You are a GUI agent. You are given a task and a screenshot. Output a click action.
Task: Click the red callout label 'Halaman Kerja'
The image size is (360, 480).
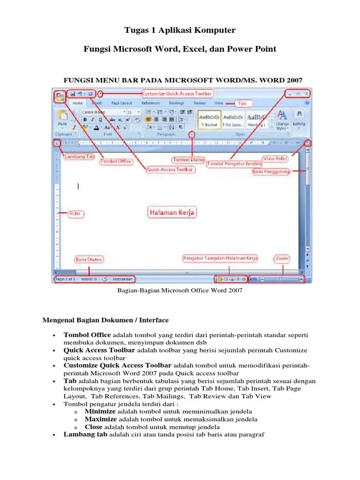[x=172, y=213]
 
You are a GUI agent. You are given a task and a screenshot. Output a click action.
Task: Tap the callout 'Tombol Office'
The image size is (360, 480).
[x=116, y=162]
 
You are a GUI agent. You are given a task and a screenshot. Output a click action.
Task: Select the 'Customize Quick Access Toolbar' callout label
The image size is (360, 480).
[x=177, y=93]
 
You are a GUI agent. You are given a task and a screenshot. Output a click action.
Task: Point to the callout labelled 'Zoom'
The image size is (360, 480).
[x=282, y=258]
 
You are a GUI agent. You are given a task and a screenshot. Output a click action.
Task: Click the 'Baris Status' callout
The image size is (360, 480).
[x=89, y=259]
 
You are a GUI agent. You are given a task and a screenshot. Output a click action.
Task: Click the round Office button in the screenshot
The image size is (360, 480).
[x=60, y=97]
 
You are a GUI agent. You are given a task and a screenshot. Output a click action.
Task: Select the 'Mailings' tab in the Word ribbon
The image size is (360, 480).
[x=176, y=103]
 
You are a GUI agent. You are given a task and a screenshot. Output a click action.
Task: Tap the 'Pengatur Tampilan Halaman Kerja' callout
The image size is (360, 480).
[x=221, y=258]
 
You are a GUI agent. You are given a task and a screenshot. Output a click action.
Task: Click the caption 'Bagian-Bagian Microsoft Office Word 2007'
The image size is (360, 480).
[x=179, y=291]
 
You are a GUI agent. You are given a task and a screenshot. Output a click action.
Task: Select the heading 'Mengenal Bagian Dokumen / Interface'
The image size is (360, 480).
[x=105, y=320]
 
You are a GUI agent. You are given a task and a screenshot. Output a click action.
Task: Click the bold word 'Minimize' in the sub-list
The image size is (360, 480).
[x=100, y=411]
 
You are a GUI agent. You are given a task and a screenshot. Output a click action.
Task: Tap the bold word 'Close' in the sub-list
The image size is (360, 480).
[x=94, y=427]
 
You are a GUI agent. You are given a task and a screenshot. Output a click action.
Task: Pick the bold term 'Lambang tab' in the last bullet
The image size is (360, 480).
[x=86, y=435]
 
